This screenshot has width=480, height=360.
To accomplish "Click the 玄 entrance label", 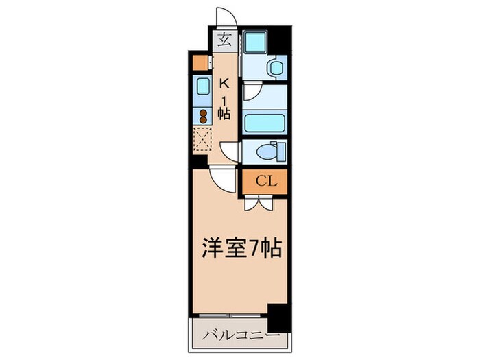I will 226,39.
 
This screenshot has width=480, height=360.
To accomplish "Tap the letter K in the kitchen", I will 224,83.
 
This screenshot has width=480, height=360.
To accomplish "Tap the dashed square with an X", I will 203,139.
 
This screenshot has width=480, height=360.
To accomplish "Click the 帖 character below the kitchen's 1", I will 224,112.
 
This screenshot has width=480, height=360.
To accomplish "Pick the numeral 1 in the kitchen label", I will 224,97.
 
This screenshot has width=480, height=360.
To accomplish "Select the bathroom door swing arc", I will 251,92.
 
